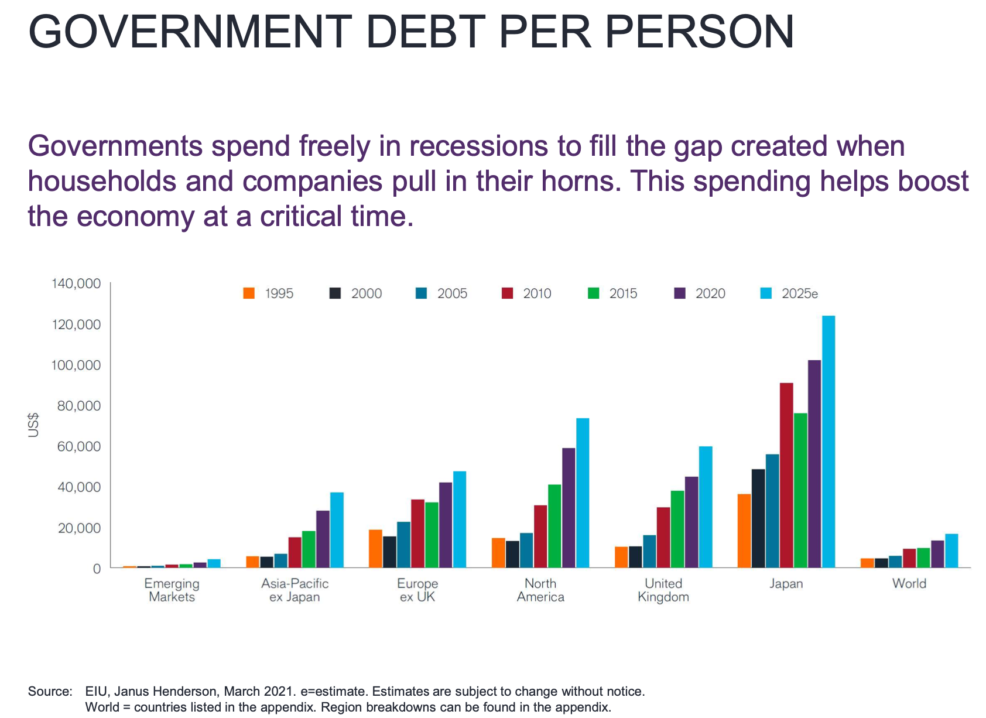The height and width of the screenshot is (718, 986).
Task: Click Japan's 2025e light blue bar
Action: coord(828,442)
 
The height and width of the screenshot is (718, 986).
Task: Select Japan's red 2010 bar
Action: coord(786,475)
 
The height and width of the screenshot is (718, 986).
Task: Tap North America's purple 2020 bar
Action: coord(569,508)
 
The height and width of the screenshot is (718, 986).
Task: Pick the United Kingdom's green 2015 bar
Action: coord(677,529)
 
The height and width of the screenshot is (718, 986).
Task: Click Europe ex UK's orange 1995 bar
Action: coord(375,549)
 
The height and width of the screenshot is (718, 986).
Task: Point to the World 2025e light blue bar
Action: coord(951,551)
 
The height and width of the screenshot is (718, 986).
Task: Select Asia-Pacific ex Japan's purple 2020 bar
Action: coord(323,539)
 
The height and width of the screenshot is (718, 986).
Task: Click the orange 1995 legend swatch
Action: coord(249,293)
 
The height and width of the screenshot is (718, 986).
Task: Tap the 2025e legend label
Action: coord(799,293)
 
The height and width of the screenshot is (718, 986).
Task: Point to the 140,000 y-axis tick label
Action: coord(76,284)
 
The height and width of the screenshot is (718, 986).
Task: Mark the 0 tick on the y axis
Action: coord(97,569)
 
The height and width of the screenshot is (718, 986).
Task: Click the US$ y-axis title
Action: coord(34,425)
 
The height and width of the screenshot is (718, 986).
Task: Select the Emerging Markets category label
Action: coord(172,590)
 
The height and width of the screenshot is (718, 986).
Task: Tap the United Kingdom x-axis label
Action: coord(663,590)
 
